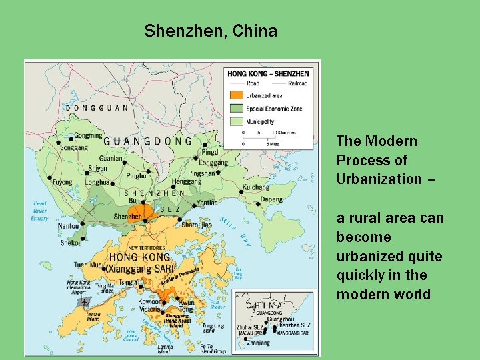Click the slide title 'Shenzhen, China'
(211, 31)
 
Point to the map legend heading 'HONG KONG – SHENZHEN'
(269, 73)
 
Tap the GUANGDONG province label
(147, 141)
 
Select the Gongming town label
(88, 135)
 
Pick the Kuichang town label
(255, 188)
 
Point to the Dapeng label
(271, 199)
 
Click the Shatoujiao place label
(197, 225)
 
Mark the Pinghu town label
(136, 176)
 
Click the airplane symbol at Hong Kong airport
(83, 301)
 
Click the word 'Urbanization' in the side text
(379, 179)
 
